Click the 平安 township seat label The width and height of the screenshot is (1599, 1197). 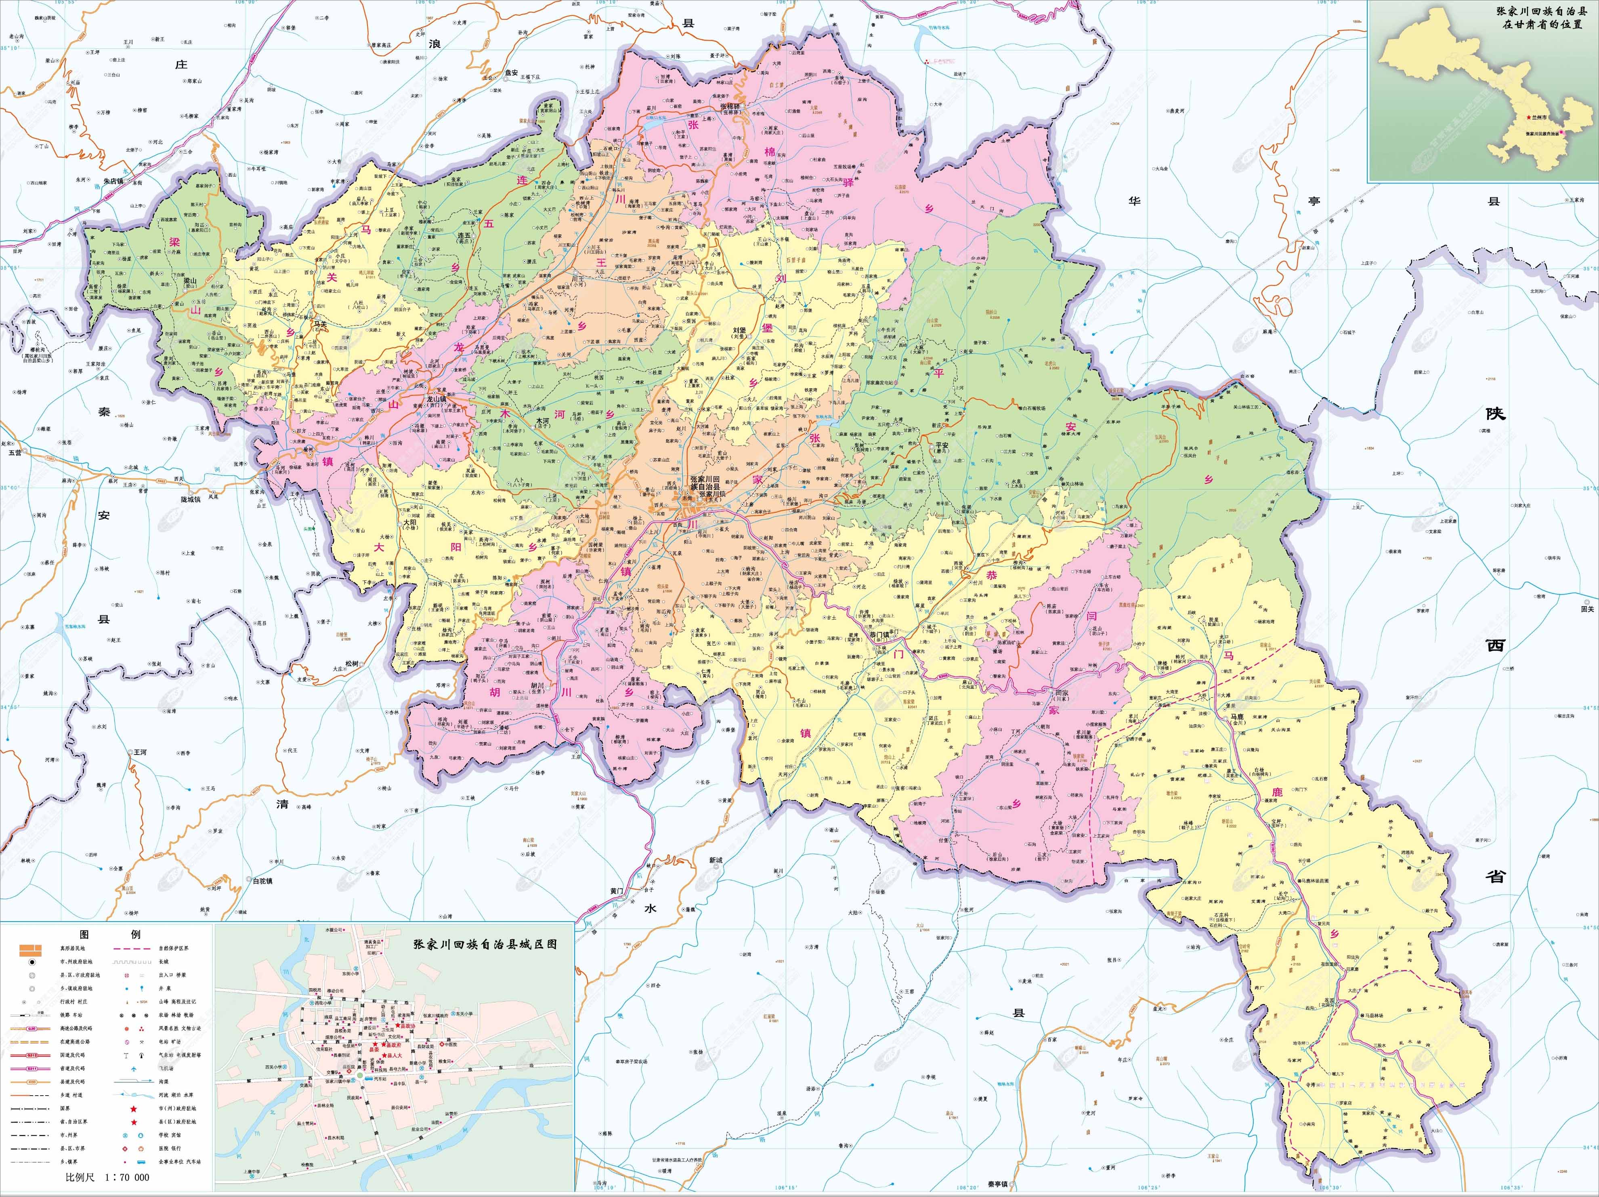pyautogui.click(x=941, y=445)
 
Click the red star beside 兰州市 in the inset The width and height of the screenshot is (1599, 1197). pyautogui.click(x=1528, y=117)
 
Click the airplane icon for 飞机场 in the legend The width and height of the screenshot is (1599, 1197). pyautogui.click(x=134, y=1068)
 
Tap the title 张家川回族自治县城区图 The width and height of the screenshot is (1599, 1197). pyautogui.click(x=484, y=944)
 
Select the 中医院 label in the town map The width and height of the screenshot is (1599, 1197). pyautogui.click(x=450, y=1044)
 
